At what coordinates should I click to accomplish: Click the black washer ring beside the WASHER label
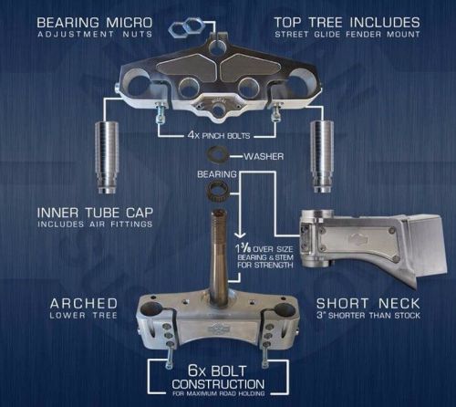218,155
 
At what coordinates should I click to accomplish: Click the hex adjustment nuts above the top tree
189,22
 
